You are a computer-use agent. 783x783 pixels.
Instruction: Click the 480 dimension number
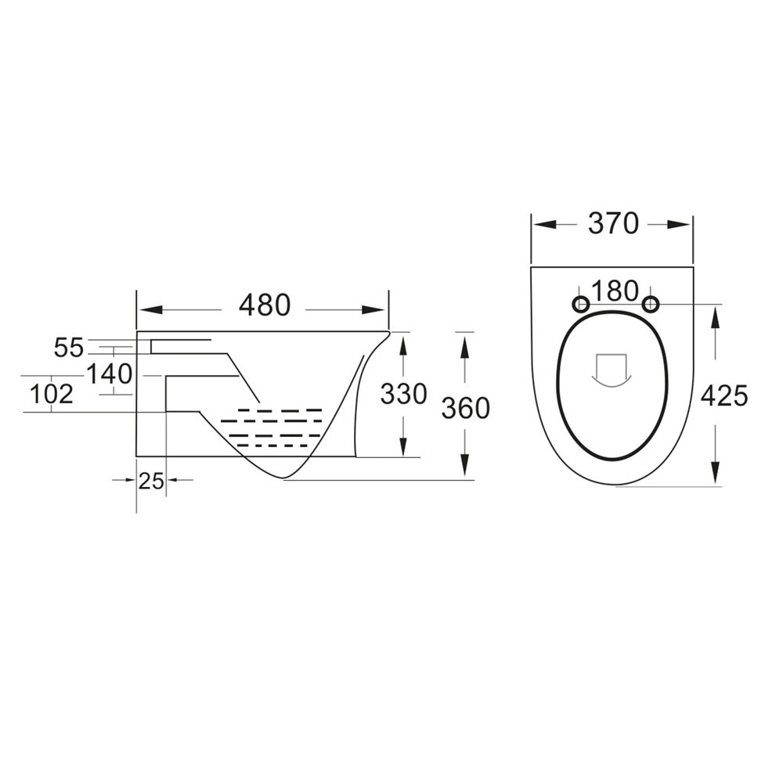coord(264,306)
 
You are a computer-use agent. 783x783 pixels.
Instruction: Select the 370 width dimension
coord(613,224)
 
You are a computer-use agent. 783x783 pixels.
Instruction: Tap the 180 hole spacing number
coord(615,291)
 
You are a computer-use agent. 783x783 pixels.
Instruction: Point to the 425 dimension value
coord(723,396)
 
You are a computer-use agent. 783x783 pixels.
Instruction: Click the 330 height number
coord(403,394)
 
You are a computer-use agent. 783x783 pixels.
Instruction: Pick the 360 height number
coord(465,408)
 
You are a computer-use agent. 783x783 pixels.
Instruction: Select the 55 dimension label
coord(68,348)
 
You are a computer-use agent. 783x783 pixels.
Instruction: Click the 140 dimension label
coord(109,374)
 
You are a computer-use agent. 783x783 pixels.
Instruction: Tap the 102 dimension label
coord(52,394)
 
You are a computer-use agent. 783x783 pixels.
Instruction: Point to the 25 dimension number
coord(151,481)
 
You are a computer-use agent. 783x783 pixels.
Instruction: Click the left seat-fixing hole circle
coord(581,304)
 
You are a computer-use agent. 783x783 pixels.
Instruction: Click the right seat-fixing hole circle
coord(650,304)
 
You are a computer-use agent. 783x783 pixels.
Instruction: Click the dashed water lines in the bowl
coord(274,428)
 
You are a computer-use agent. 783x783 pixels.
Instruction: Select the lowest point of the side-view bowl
coord(283,478)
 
